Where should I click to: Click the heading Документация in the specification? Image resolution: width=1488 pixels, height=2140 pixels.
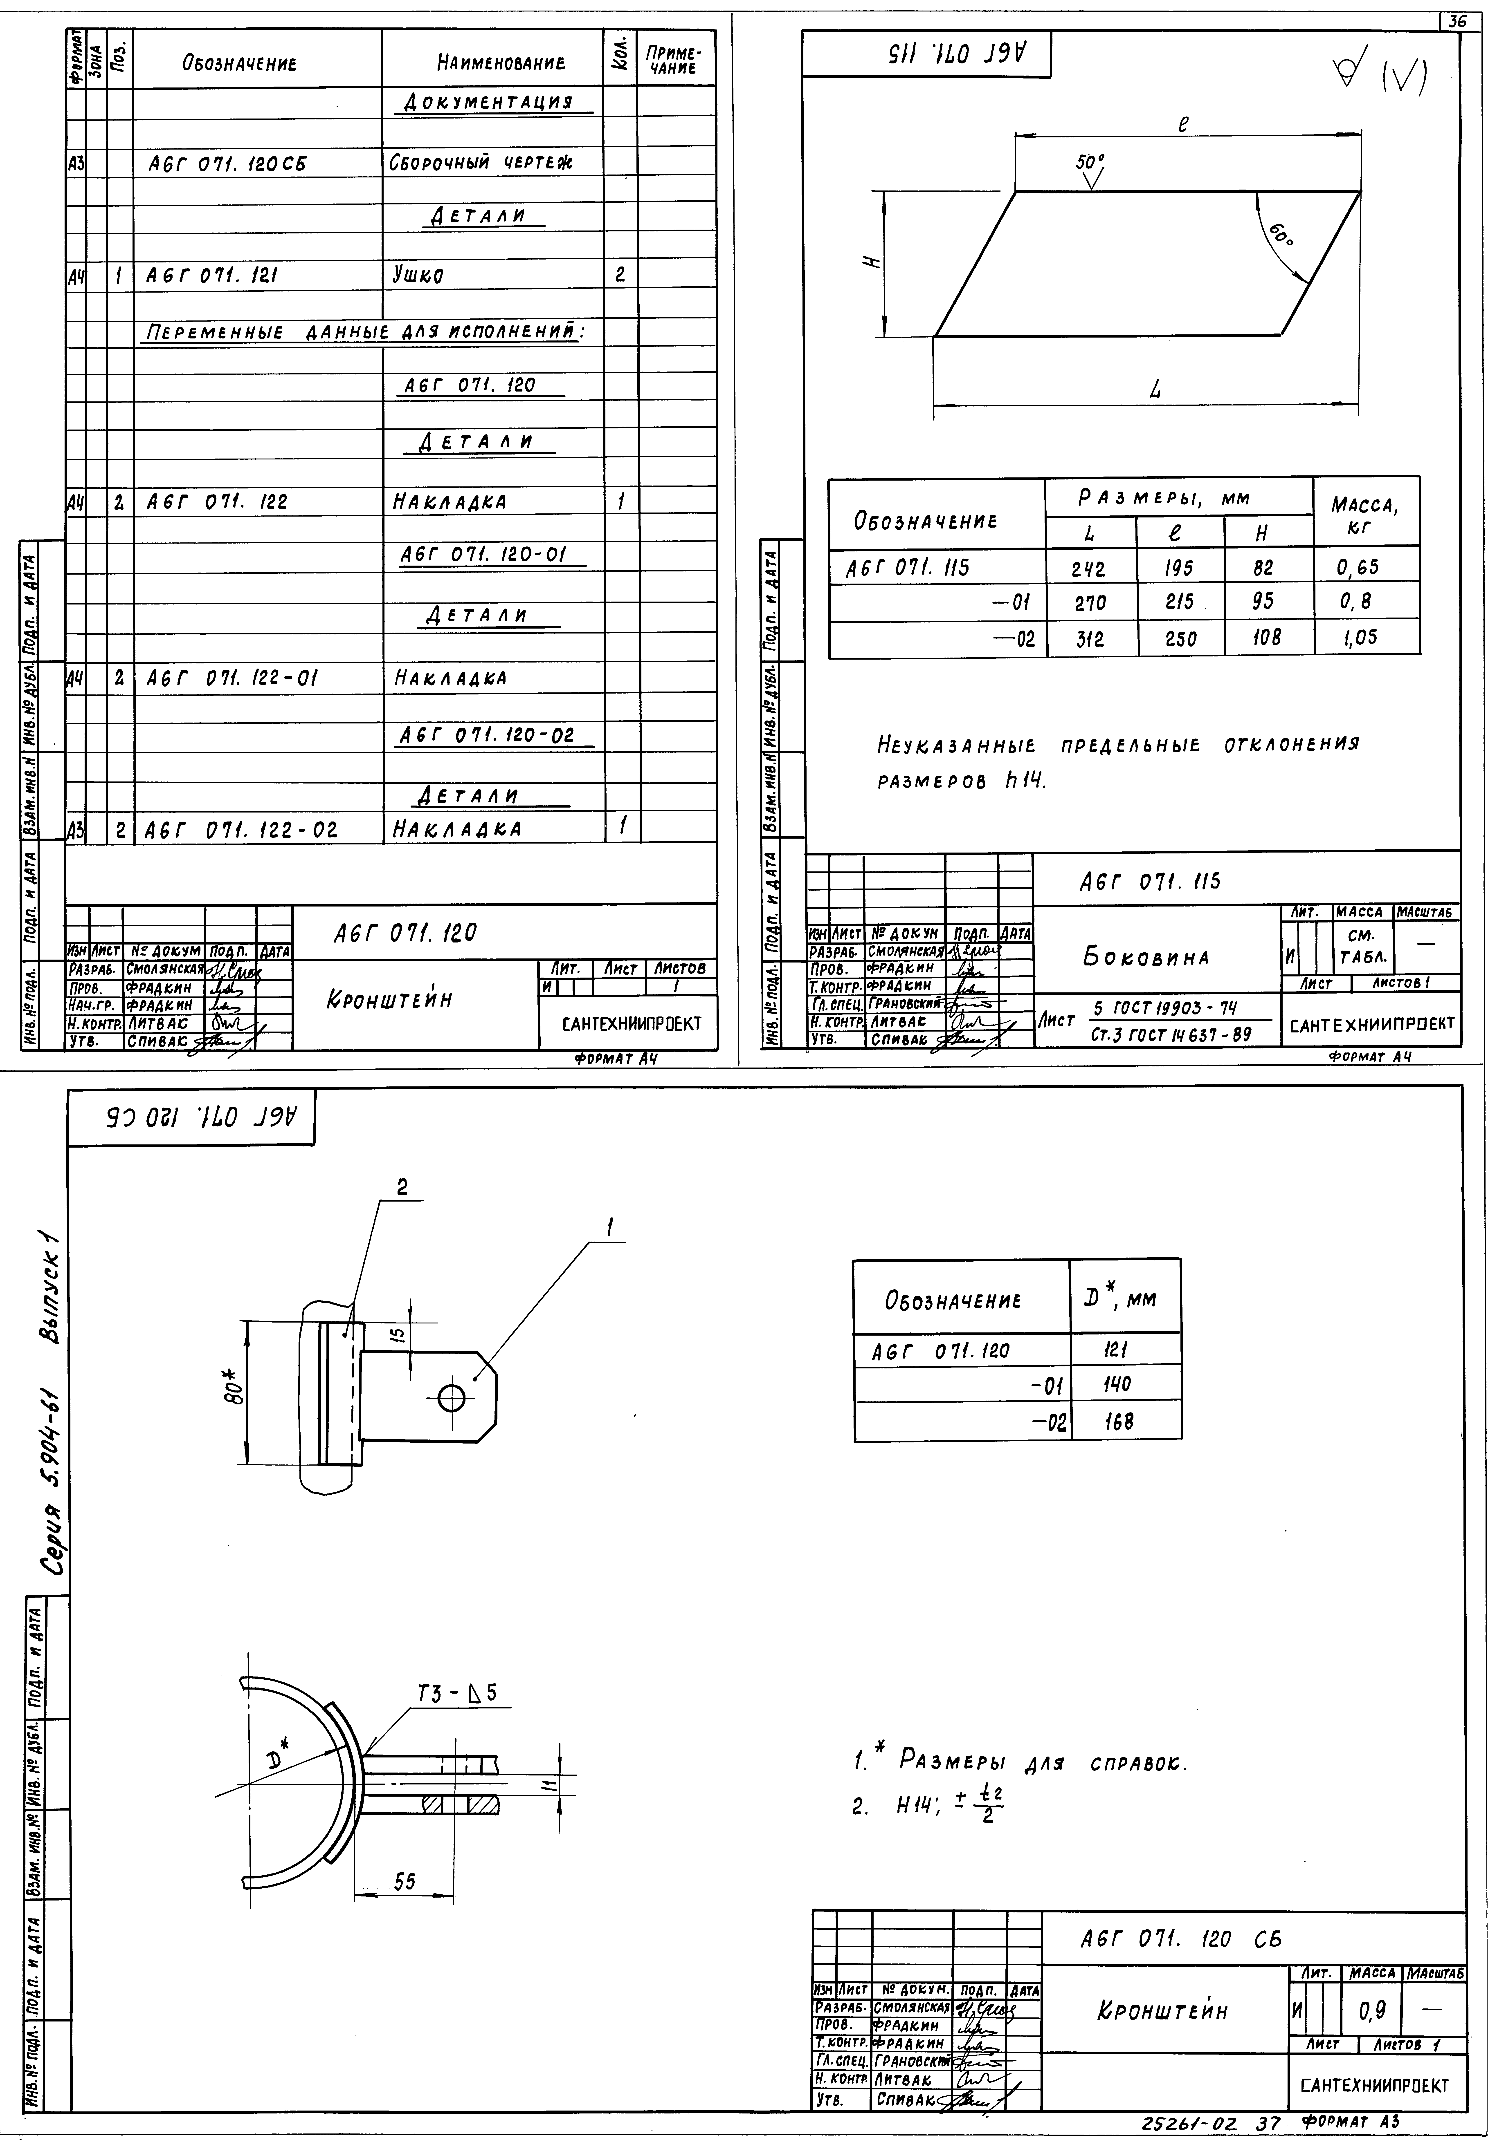point(494,101)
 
